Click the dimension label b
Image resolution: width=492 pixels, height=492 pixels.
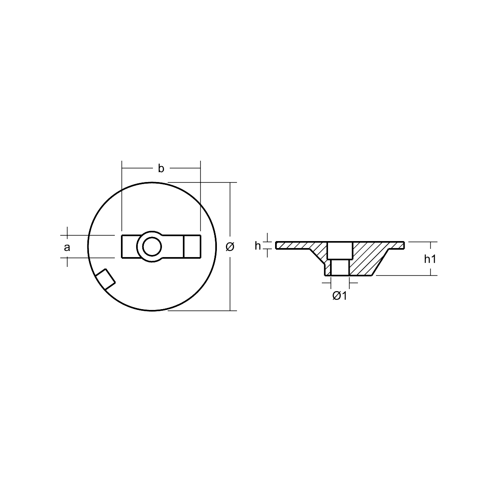pyautogui.click(x=161, y=169)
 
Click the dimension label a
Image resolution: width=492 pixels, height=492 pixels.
pyautogui.click(x=67, y=247)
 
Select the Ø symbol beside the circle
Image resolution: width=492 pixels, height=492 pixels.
pyautogui.click(x=230, y=247)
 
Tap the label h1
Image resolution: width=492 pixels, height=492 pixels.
pyautogui.click(x=430, y=259)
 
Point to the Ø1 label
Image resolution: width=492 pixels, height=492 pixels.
pyautogui.click(x=339, y=296)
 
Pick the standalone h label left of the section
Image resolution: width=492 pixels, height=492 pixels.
pyautogui.click(x=257, y=246)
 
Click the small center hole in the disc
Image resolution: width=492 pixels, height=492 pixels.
pyautogui.click(x=152, y=247)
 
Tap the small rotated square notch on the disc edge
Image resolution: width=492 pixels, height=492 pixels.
pyautogui.click(x=105, y=279)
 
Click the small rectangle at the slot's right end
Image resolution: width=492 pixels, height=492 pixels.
pyautogui.click(x=192, y=247)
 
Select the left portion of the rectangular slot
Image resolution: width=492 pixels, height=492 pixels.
pyautogui.click(x=130, y=247)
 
